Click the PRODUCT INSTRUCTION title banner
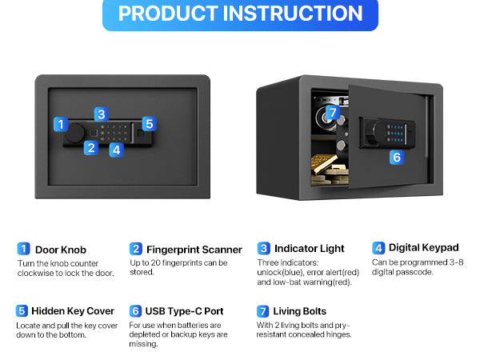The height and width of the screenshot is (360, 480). click(240, 14)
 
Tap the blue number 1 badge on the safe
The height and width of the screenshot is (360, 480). click(61, 124)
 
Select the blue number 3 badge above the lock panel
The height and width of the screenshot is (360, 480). click(102, 114)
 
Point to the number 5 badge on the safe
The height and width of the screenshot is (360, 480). click(150, 124)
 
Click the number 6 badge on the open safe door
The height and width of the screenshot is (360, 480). click(397, 158)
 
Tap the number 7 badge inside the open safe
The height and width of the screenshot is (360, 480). click(333, 112)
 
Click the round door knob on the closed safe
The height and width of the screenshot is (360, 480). click(75, 133)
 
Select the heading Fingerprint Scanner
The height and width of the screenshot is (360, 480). click(194, 250)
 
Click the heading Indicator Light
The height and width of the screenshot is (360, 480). click(309, 248)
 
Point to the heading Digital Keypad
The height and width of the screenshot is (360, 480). click(424, 247)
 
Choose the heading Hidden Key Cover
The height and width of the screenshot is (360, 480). click(73, 311)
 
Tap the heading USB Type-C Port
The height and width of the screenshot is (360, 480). click(184, 311)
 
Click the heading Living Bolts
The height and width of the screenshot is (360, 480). click(300, 311)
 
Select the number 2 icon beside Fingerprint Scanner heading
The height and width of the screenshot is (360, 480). click(136, 249)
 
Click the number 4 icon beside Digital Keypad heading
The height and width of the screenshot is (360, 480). click(378, 248)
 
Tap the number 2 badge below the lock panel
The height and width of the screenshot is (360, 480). click(91, 148)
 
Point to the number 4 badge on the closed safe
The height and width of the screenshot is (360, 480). click(116, 150)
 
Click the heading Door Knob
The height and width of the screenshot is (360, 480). click(61, 250)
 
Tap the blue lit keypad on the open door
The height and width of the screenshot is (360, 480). click(395, 133)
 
